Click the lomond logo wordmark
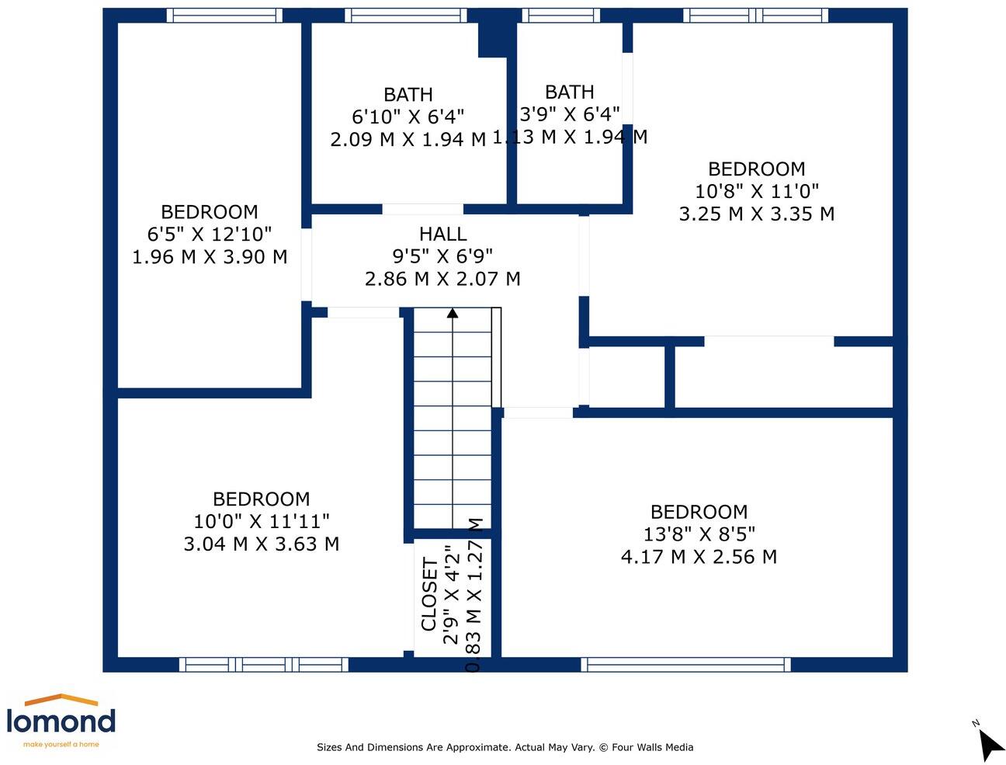61,721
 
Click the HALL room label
442,234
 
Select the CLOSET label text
429,594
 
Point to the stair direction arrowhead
452,313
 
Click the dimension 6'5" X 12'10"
210,234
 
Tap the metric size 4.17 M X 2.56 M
699,556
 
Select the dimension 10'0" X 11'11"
262,521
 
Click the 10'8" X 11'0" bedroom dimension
757,191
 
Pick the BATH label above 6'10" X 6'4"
408,95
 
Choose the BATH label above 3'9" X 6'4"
570,92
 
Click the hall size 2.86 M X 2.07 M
442,278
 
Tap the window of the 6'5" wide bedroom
224,16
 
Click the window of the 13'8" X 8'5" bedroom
685,665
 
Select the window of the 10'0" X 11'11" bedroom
264,665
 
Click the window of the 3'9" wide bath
560,16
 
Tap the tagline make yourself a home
61,744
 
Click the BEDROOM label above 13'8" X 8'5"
699,512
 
